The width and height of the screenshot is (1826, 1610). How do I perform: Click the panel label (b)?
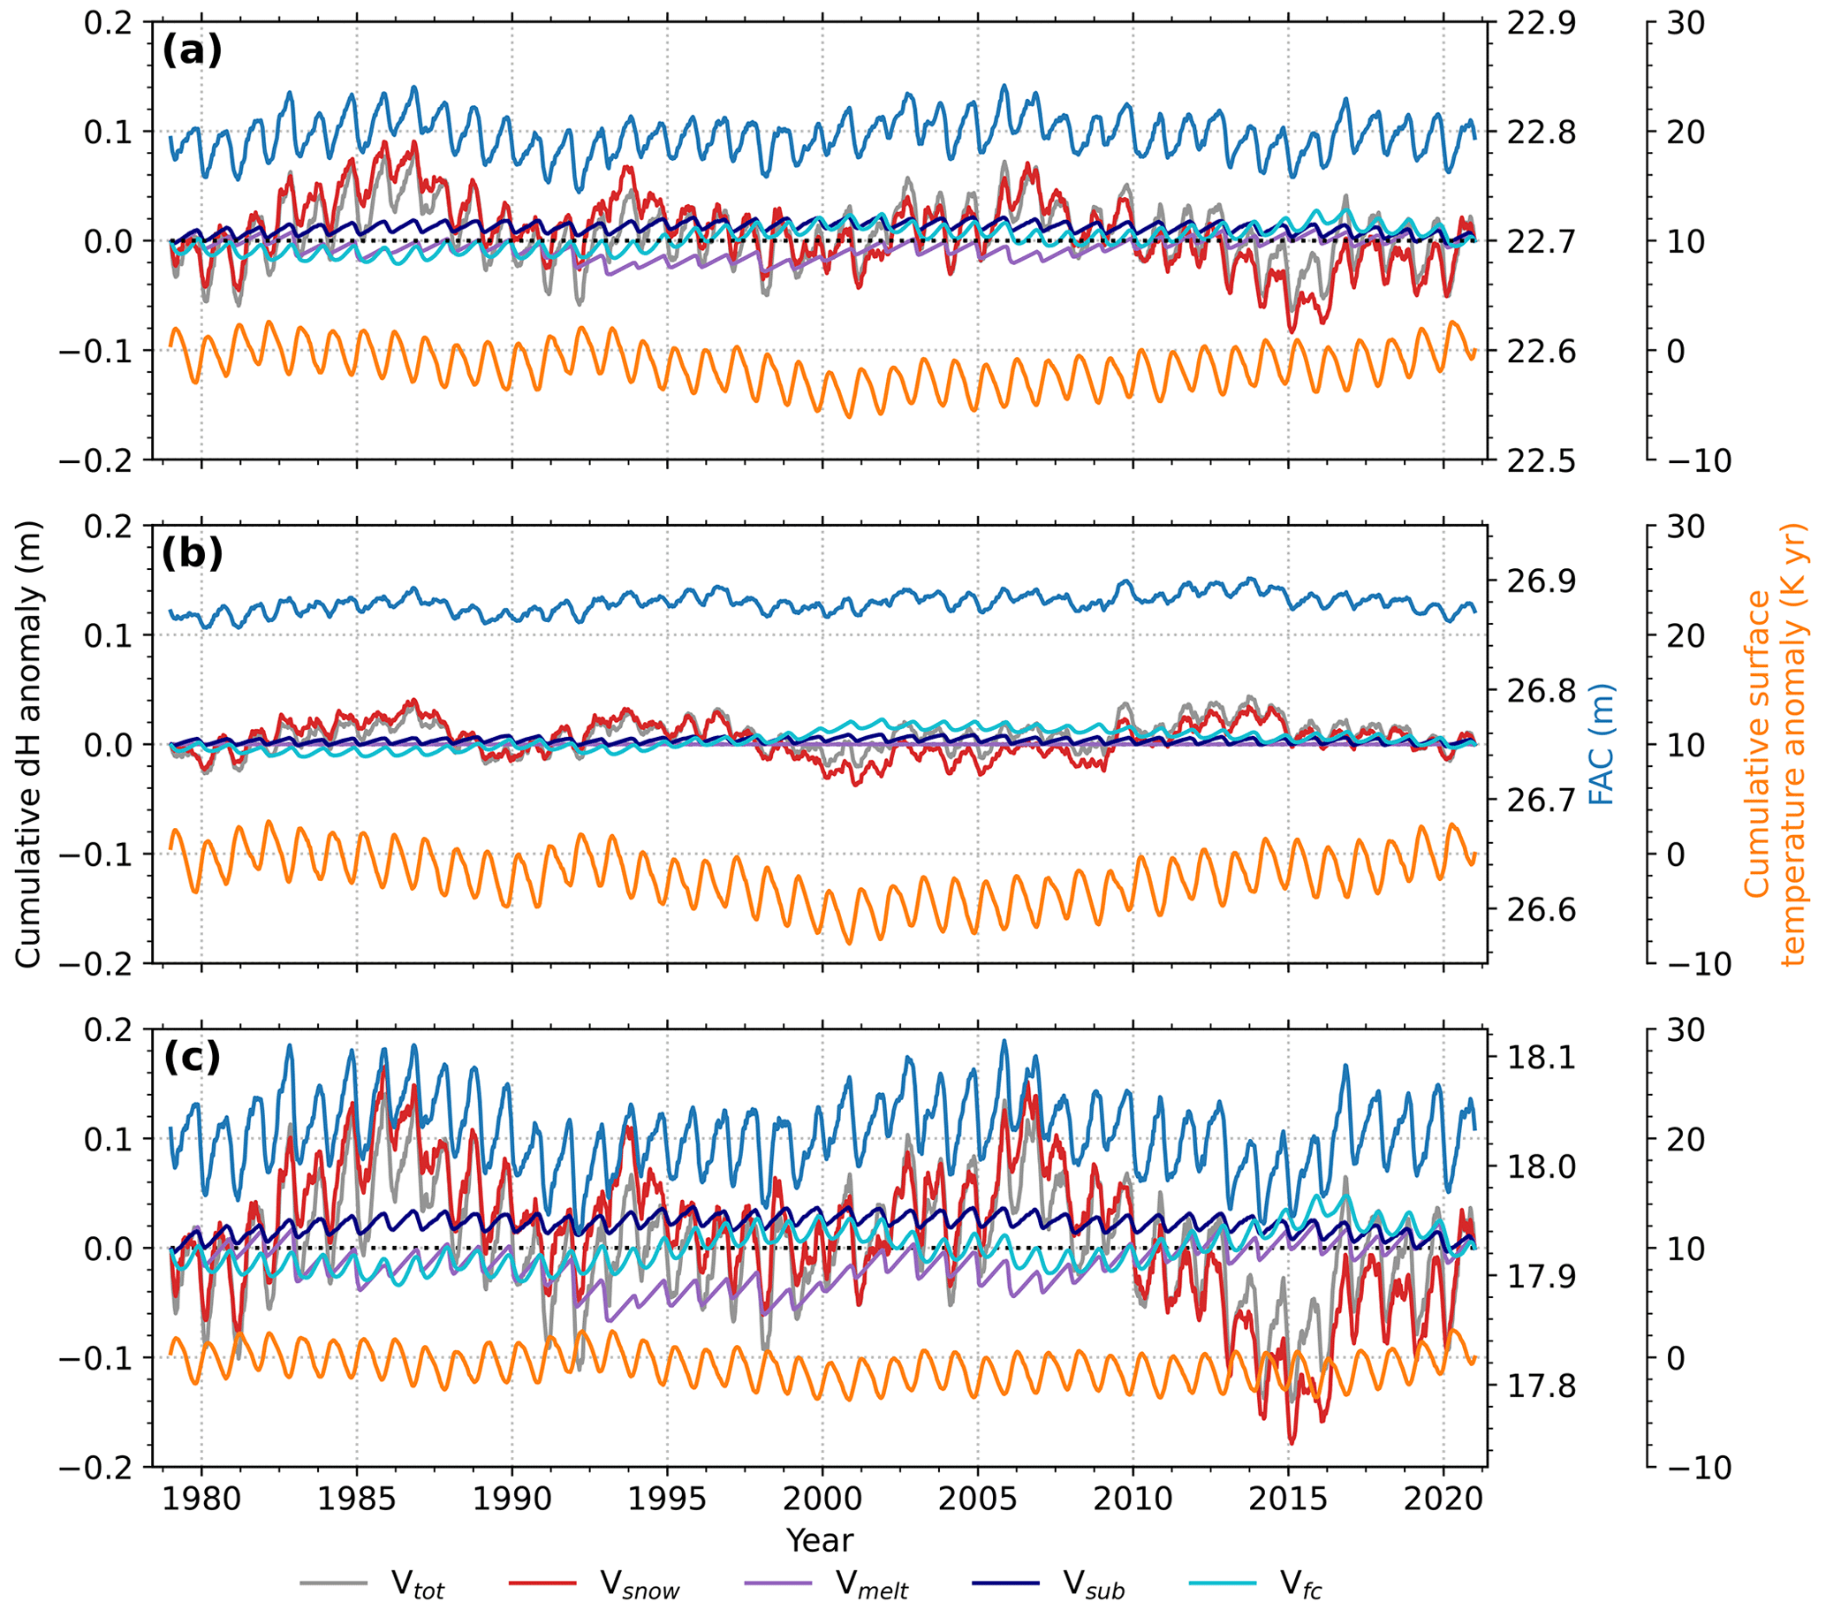point(191,555)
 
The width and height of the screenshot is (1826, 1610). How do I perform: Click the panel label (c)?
point(191,1058)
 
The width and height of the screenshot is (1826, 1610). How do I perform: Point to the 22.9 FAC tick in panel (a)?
point(1540,23)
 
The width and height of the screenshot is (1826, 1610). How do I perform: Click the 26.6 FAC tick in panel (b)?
point(1540,910)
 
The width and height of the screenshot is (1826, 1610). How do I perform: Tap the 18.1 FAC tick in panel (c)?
point(1540,1058)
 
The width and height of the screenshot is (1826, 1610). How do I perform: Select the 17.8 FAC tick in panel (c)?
point(1540,1387)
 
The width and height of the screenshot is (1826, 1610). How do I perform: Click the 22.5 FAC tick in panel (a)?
point(1540,461)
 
